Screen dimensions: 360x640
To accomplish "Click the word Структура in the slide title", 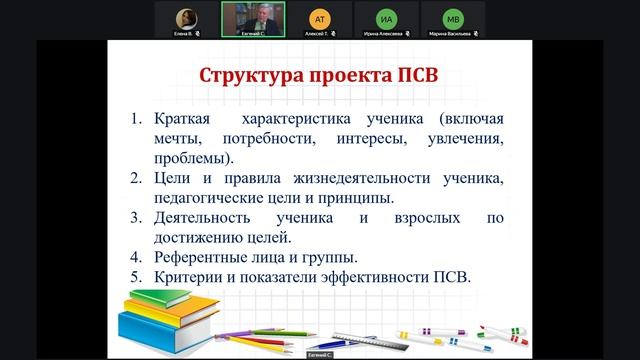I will (x=253, y=77).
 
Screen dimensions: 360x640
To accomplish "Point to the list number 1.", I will (x=138, y=119).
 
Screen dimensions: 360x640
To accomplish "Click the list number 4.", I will (x=138, y=257).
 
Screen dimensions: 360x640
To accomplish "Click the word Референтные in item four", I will (x=202, y=257).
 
